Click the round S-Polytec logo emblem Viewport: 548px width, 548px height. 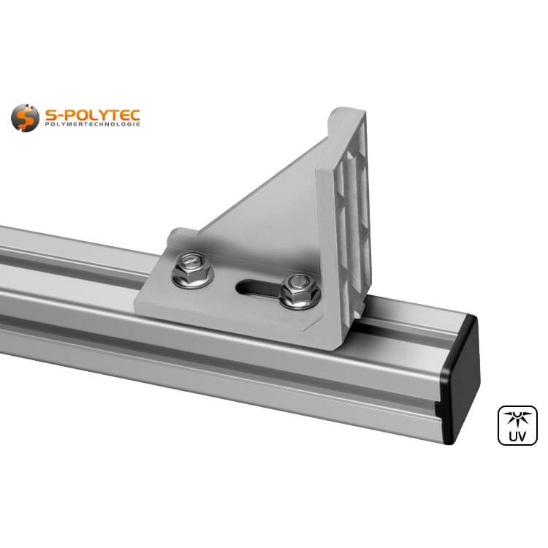(25, 118)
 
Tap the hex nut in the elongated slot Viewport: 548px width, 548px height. (299, 289)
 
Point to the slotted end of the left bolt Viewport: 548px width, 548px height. (191, 260)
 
